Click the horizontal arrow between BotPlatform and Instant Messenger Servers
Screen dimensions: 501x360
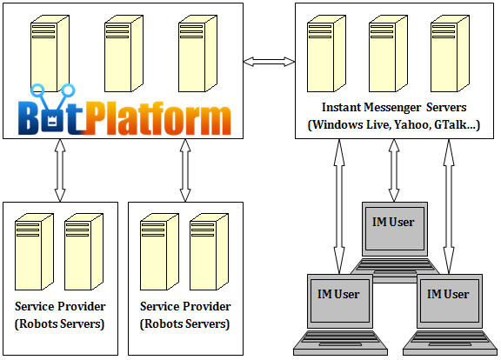(x=269, y=62)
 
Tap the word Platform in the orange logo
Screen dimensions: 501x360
(x=157, y=118)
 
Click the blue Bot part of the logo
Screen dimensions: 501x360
(x=51, y=110)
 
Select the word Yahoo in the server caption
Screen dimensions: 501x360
(x=411, y=124)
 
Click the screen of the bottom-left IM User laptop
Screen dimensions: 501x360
(x=339, y=301)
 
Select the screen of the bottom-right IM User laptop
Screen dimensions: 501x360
(x=449, y=301)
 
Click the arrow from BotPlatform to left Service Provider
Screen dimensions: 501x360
(x=60, y=170)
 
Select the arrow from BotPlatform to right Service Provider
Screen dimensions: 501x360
(x=185, y=170)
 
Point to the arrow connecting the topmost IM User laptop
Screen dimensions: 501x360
(x=394, y=170)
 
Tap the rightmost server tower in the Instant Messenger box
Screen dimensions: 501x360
(x=450, y=54)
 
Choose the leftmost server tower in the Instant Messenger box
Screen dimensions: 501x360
(x=326, y=54)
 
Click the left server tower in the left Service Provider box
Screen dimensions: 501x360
(x=34, y=252)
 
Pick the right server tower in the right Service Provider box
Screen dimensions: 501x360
(x=209, y=252)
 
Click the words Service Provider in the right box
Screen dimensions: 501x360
(x=185, y=307)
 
